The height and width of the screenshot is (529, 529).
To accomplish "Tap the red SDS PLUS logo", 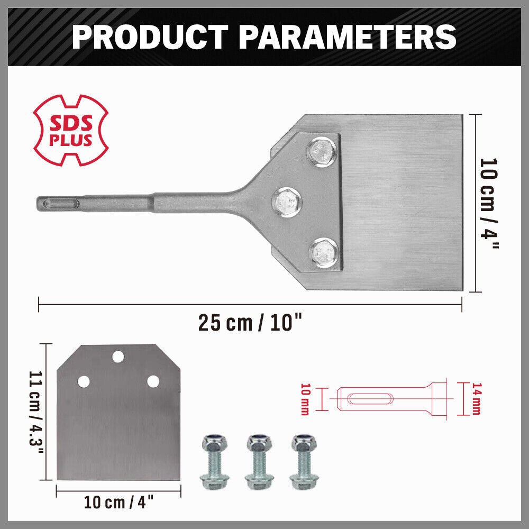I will point(71,131).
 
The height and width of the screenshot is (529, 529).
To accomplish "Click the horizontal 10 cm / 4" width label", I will point(119,503).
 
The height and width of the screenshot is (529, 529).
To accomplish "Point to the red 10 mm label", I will point(305,399).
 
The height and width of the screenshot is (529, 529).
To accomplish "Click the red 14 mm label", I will point(476,399).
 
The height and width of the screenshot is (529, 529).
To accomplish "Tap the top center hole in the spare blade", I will point(118,356).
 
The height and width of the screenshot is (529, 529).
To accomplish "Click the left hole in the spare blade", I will point(83,381).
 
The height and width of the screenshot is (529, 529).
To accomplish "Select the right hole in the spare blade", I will point(153,381).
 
